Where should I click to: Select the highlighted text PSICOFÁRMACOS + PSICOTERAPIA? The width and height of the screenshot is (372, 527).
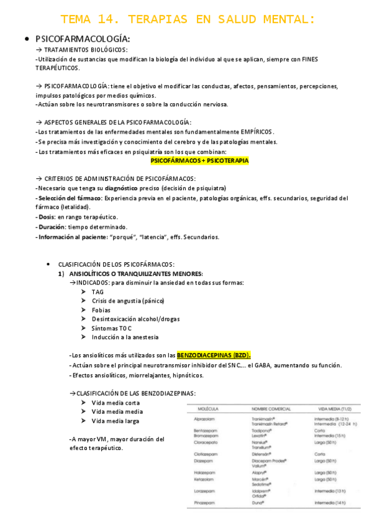[199, 160]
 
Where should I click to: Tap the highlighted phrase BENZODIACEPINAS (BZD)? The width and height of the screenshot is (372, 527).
[214, 355]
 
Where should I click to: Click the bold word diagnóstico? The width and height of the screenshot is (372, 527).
[122, 188]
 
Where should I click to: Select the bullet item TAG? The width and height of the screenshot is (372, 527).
[98, 291]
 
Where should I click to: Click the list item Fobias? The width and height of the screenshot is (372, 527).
[101, 309]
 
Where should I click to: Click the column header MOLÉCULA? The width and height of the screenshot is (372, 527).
[207, 408]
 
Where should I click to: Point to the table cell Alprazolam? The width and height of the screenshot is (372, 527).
[204, 419]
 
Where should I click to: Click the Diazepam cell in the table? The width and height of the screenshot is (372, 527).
[203, 462]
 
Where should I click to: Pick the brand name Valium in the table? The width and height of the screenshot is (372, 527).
[260, 465]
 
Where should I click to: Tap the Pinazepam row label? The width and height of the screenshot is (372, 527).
[204, 502]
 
